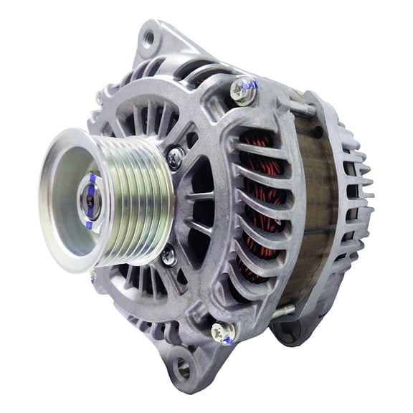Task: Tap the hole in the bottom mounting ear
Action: [x=183, y=369]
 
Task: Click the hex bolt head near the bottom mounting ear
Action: [x=222, y=331]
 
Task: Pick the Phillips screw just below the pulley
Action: [x=168, y=255]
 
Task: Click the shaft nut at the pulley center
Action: [x=90, y=201]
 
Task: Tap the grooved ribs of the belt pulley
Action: [x=143, y=196]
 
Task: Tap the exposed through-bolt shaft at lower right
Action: [x=284, y=310]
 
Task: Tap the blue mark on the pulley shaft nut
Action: [x=92, y=179]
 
